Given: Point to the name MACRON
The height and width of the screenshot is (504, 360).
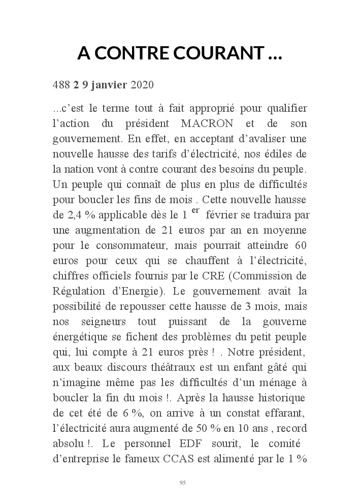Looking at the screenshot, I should pyautogui.click(x=207, y=124).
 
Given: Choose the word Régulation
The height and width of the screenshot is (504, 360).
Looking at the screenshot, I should pyautogui.click(x=76, y=292).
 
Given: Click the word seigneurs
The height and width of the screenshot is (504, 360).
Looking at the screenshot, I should pyautogui.click(x=103, y=322).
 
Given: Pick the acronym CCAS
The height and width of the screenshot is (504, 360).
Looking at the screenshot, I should pyautogui.click(x=179, y=459).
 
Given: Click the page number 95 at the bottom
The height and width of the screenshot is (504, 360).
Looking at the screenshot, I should pyautogui.click(x=183, y=482).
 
